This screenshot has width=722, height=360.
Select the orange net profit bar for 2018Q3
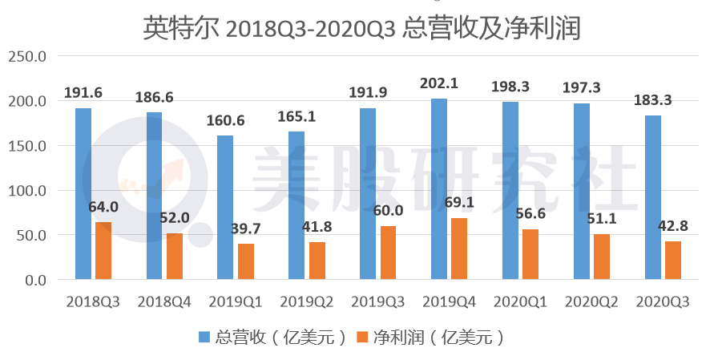tap(103, 251)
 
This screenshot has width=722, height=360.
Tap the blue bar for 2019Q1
tap(225, 208)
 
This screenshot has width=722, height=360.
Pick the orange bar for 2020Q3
tap(672, 261)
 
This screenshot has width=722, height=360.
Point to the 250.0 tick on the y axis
tap(28, 57)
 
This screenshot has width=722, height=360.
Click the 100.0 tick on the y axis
tap(28, 191)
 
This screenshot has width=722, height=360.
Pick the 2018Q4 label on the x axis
tap(164, 302)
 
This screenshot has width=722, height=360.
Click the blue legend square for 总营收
tap(204, 338)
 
